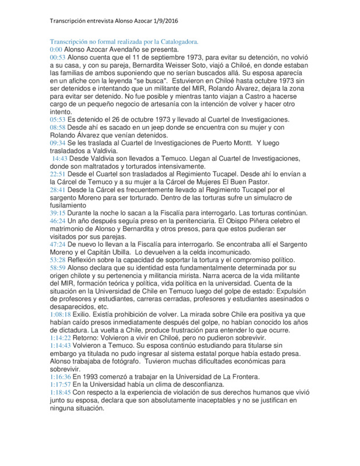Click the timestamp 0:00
pyautogui.click(x=55, y=50)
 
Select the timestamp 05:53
pyautogui.click(x=57, y=119)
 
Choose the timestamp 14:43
pyautogui.click(x=60, y=158)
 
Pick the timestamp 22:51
pyautogui.click(x=57, y=174)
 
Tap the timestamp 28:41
pyautogui.click(x=57, y=189)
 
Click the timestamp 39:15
pyautogui.click(x=57, y=213)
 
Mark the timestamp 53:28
pyautogui.click(x=57, y=259)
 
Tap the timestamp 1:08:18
pyautogui.click(x=61, y=313)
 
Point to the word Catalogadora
pyautogui.click(x=175, y=42)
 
